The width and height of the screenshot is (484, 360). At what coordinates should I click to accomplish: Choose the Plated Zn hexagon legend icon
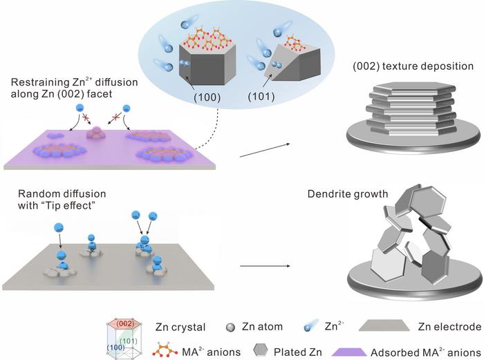[x=230, y=345]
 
